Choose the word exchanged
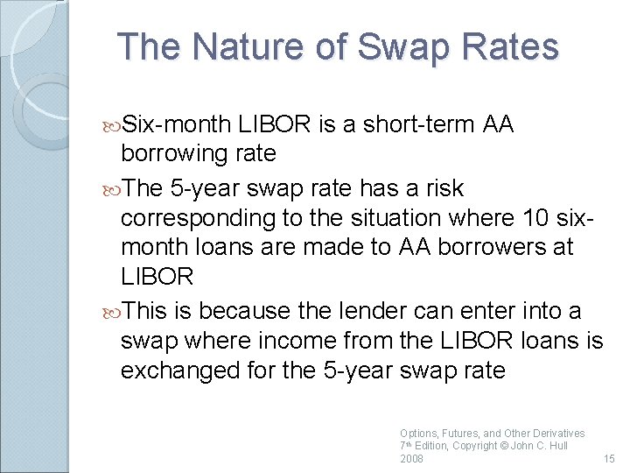pos(178,371)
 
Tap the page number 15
pos(609,458)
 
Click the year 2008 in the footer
pos(411,458)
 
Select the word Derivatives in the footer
pos(557,433)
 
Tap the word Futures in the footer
pos(458,433)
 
